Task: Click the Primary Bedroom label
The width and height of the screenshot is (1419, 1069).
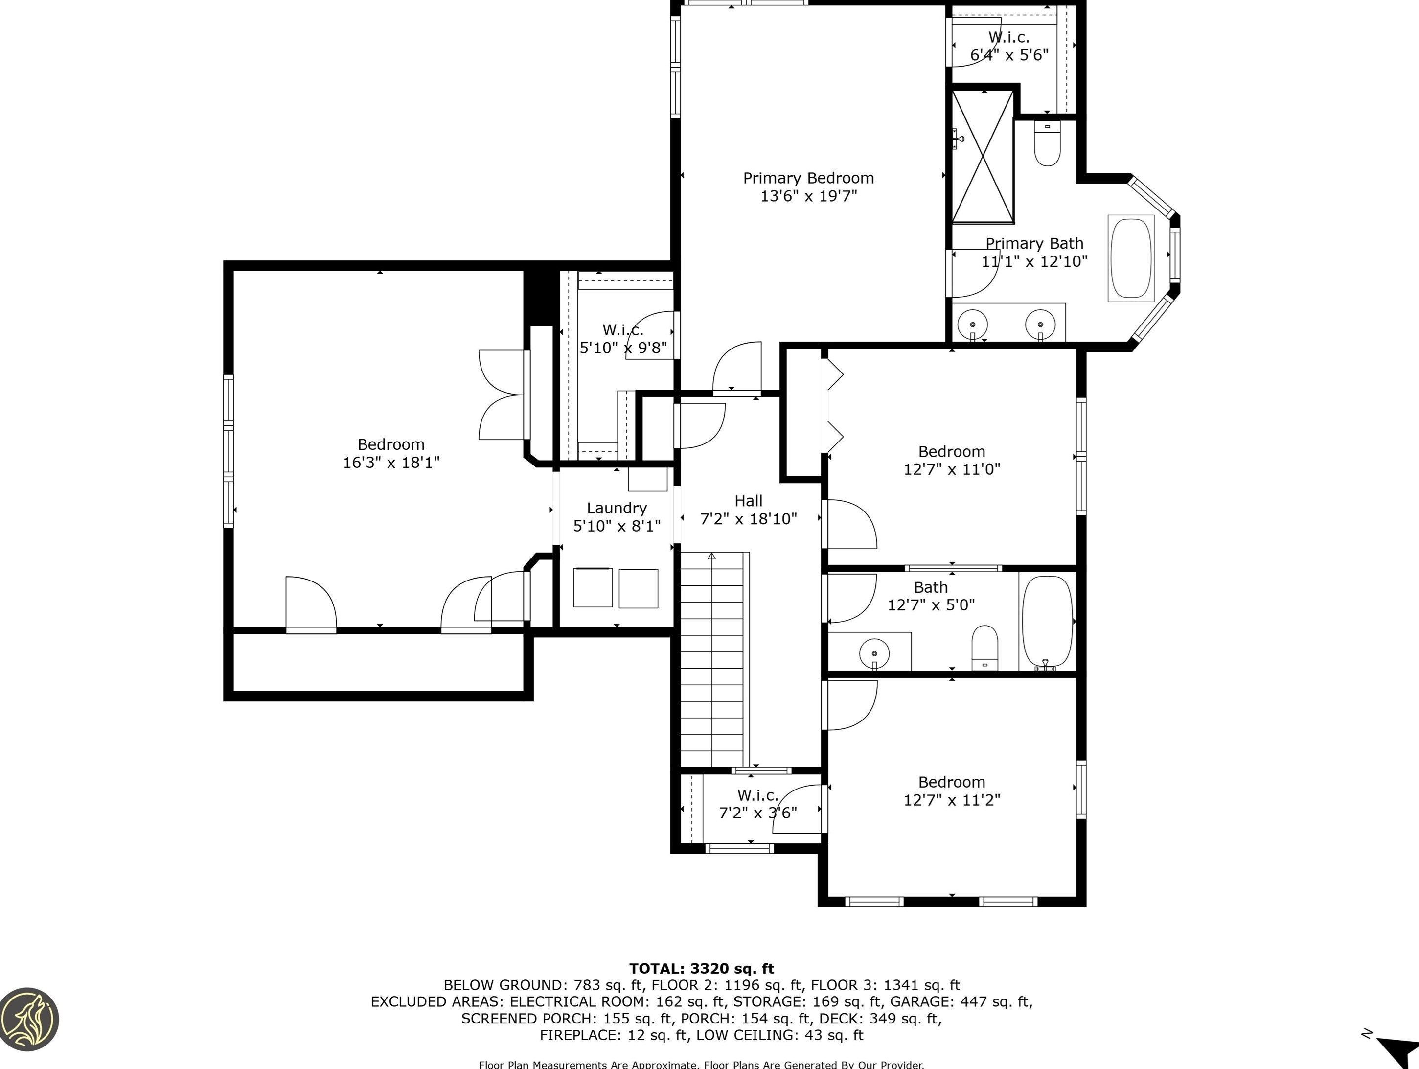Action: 808,178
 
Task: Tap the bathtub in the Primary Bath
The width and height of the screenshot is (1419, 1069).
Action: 1131,258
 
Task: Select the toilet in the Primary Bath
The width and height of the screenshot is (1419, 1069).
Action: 1047,144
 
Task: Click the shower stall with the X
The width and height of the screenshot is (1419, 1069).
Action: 982,157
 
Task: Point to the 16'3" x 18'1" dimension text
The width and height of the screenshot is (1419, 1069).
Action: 391,462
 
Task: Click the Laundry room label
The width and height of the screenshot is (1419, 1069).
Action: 617,508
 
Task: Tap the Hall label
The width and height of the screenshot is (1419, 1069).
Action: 749,501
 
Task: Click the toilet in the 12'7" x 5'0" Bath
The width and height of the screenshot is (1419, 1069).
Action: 984,648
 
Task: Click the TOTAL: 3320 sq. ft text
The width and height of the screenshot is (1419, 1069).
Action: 701,968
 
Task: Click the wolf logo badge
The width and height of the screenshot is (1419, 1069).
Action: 29,1019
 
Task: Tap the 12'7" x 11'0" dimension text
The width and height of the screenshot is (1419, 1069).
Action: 952,469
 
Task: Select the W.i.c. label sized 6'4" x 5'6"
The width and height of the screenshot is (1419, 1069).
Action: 1009,37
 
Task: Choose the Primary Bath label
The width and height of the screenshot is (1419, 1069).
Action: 1034,243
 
